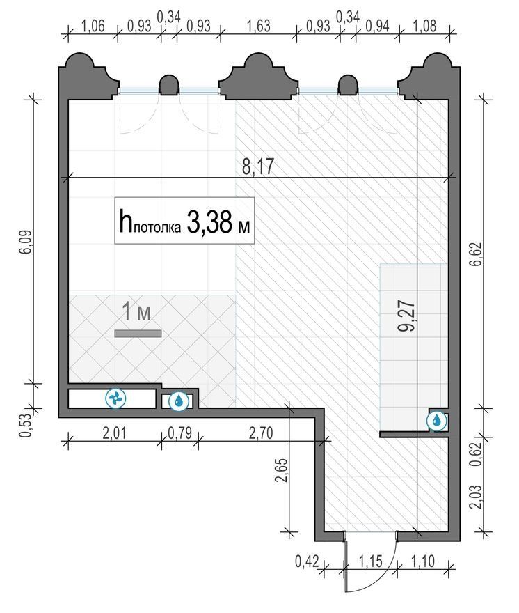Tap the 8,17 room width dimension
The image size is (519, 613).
257,166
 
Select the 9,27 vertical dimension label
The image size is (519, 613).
406,316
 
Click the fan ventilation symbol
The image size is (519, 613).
116,398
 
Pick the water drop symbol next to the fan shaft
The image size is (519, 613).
179,401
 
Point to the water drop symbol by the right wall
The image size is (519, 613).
436,421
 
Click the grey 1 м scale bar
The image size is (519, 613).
138,334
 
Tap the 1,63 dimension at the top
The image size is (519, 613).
259,26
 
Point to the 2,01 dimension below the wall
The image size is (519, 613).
114,433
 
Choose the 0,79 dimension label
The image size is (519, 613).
180,433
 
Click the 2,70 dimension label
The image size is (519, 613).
261,433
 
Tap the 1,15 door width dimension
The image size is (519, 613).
370,561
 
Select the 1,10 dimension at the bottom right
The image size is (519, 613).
423,561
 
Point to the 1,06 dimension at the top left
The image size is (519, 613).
93,26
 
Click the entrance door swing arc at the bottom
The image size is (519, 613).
382,574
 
